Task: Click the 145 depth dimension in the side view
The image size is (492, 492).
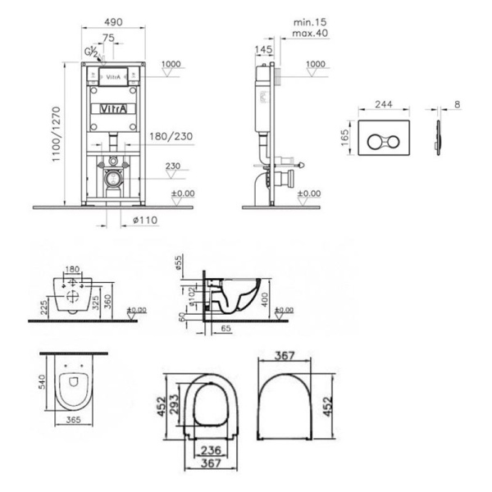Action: tap(263, 50)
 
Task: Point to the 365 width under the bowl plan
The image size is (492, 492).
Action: tap(73, 419)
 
